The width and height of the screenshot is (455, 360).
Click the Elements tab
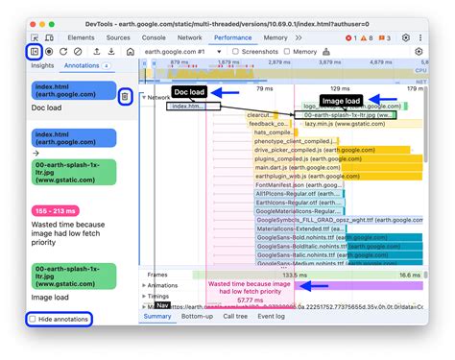click(x=81, y=37)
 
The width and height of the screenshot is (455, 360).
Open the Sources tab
click(x=118, y=37)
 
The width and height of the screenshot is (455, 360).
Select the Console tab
click(x=154, y=37)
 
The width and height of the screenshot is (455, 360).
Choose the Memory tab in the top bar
click(x=275, y=37)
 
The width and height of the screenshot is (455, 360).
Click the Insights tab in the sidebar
click(x=42, y=66)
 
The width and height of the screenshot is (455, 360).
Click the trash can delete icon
click(x=125, y=96)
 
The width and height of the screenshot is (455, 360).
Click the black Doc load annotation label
click(x=189, y=92)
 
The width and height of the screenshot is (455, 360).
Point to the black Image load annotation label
click(x=340, y=100)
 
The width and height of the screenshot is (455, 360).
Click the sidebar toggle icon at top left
click(x=34, y=51)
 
